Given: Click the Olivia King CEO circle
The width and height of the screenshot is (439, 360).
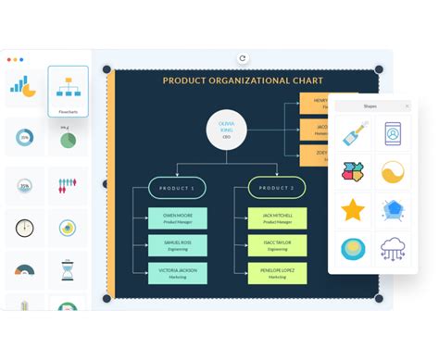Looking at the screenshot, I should [226, 127].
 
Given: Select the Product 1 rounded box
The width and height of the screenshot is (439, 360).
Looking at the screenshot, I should [177, 189].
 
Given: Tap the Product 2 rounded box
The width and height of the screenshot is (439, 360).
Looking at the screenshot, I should [276, 189].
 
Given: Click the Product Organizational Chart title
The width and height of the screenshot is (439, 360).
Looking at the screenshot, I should [245, 81].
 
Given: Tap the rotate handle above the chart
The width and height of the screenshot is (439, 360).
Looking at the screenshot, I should [243, 57].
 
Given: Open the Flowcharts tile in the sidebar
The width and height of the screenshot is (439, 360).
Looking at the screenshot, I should [69, 91].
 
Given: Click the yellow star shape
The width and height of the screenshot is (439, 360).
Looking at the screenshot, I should [353, 210].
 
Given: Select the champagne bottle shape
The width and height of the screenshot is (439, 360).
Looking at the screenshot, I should [353, 133].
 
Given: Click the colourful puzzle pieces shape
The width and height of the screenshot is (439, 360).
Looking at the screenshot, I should [353, 171].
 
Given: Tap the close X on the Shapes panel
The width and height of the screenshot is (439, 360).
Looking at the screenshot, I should [406, 106].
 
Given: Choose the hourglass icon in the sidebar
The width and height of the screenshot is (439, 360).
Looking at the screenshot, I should [68, 270].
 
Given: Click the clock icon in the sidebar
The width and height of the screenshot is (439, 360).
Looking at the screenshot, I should [24, 227].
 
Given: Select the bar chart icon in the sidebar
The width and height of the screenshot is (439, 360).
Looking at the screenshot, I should [22, 86].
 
